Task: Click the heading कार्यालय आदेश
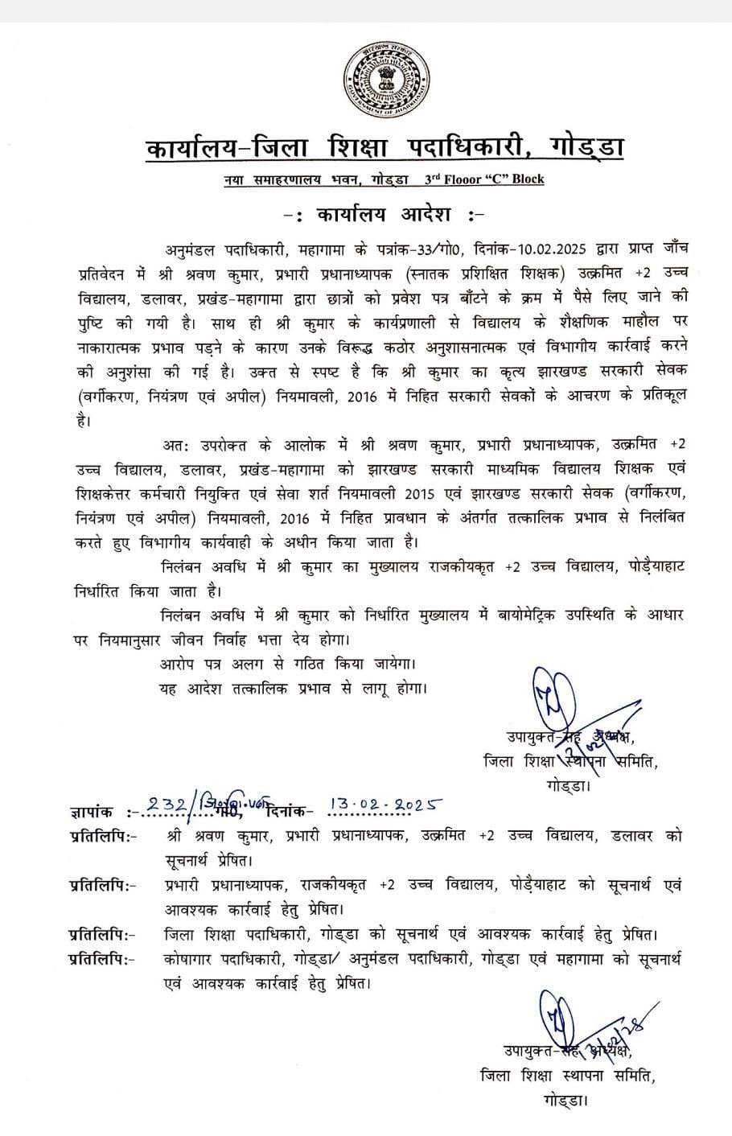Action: pos(373,216)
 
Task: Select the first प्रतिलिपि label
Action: pos(100,836)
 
